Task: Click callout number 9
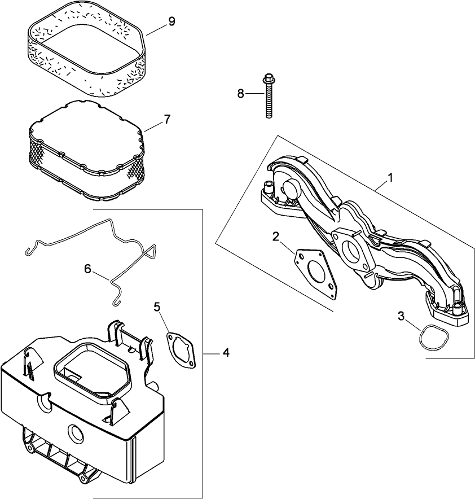[171, 21]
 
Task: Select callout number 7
[167, 119]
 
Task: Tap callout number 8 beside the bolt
[240, 94]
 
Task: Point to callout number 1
[390, 177]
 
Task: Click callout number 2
[276, 237]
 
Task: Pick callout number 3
[401, 316]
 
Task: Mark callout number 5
[157, 307]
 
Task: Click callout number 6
[87, 269]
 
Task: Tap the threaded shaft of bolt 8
[269, 102]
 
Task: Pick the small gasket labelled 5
[181, 351]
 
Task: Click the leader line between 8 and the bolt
[254, 94]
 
